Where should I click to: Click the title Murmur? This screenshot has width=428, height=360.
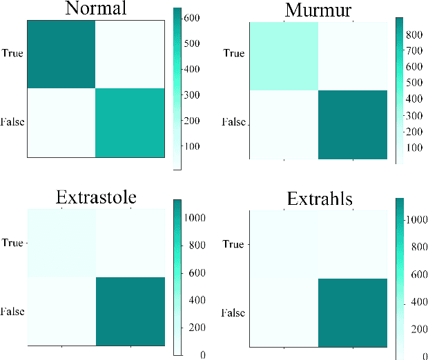(315, 10)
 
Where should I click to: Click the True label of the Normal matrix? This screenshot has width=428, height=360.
(12, 52)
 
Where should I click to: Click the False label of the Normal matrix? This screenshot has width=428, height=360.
(12, 122)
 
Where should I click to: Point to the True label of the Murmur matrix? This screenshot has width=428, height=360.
(234, 54)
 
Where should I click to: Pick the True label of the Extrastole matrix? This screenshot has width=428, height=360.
(12, 242)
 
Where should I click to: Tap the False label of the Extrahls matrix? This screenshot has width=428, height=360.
(233, 313)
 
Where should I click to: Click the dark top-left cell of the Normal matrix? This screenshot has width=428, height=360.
(61, 54)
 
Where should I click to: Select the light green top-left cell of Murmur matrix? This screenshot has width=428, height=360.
(284, 57)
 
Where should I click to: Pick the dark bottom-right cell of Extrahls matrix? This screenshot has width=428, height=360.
(352, 312)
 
